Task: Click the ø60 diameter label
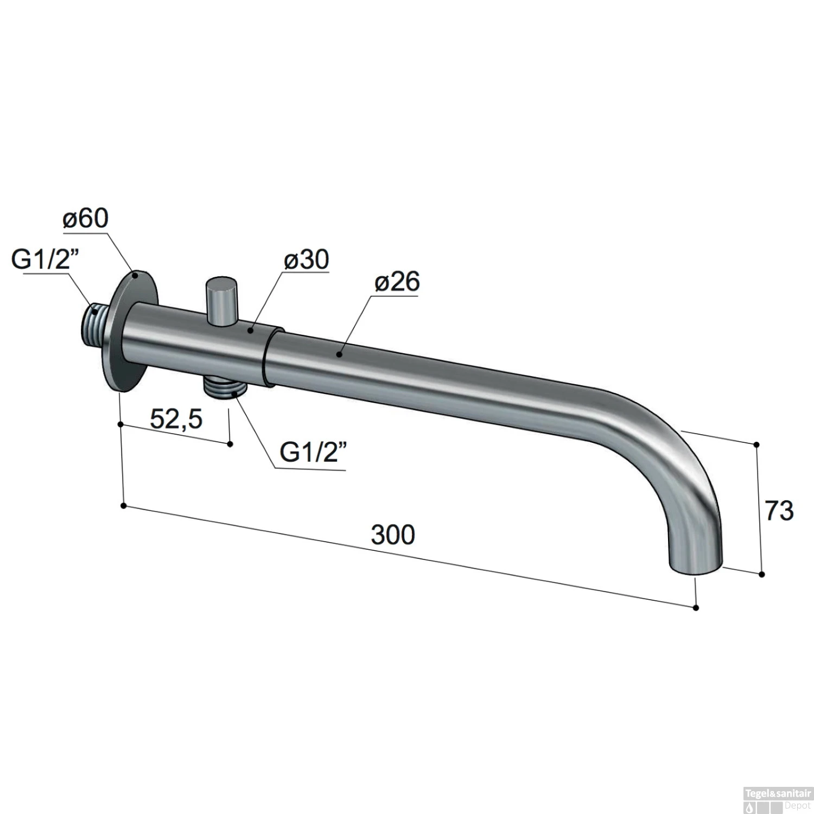[x=86, y=219]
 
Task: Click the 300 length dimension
[x=393, y=535]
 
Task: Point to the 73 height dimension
[x=779, y=511]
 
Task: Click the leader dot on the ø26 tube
[x=339, y=355]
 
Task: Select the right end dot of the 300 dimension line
[x=697, y=608]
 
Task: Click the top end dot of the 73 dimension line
[x=756, y=444]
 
